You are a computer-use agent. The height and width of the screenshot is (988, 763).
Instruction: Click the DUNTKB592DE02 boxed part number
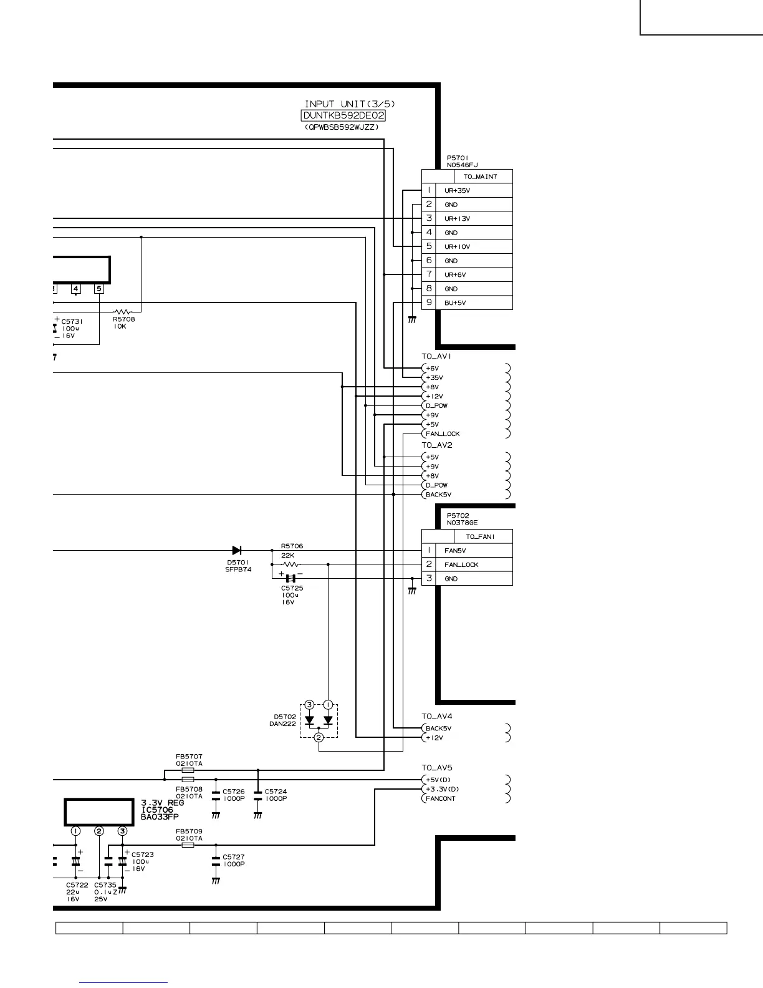point(343,116)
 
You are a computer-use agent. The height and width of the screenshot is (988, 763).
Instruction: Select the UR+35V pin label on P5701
point(457,191)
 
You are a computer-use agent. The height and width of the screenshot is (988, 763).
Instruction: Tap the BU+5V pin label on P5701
point(455,303)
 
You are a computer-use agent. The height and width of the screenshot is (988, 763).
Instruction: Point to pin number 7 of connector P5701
point(429,274)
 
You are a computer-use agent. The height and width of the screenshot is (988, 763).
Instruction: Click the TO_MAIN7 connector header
point(480,177)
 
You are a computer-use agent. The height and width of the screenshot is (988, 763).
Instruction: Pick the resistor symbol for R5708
point(123,311)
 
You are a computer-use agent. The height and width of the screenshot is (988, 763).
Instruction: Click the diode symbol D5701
point(237,550)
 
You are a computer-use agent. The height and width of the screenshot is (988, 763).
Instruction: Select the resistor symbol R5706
point(291,564)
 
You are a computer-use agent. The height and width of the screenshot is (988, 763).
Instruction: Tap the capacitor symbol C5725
point(290,579)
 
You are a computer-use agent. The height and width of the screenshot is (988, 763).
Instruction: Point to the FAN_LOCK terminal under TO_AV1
point(443,434)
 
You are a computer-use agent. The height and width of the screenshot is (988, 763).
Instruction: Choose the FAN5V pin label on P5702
point(455,551)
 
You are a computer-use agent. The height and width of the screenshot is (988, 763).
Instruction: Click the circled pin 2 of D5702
point(319,738)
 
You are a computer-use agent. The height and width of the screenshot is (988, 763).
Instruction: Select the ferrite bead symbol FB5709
point(188,845)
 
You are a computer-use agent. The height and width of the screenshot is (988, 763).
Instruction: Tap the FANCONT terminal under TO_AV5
point(440,798)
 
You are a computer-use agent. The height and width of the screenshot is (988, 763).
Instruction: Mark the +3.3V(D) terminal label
point(442,789)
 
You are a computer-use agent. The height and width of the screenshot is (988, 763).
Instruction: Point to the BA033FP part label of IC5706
point(160,816)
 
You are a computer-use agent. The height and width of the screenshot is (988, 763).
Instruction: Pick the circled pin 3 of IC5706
point(123,831)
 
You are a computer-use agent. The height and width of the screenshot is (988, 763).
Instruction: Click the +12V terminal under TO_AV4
point(434,738)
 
